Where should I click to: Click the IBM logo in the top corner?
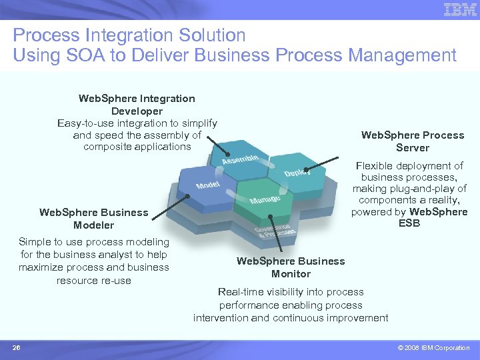pyautogui.click(x=460, y=9)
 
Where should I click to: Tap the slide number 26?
pyautogui.click(x=17, y=347)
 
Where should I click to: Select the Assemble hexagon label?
pyautogui.click(x=240, y=160)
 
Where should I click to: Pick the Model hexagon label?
pyautogui.click(x=208, y=185)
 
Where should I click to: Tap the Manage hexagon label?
pyautogui.click(x=265, y=199)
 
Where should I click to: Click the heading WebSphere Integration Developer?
pyautogui.click(x=137, y=105)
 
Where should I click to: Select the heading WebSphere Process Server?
pyautogui.click(x=413, y=141)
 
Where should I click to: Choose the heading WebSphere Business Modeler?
pyautogui.click(x=94, y=219)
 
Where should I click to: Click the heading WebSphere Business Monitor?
pyautogui.click(x=291, y=267)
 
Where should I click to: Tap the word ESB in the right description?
pyautogui.click(x=409, y=223)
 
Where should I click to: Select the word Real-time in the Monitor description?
pyautogui.click(x=241, y=292)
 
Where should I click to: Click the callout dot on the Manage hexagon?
pyautogui.click(x=270, y=216)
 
